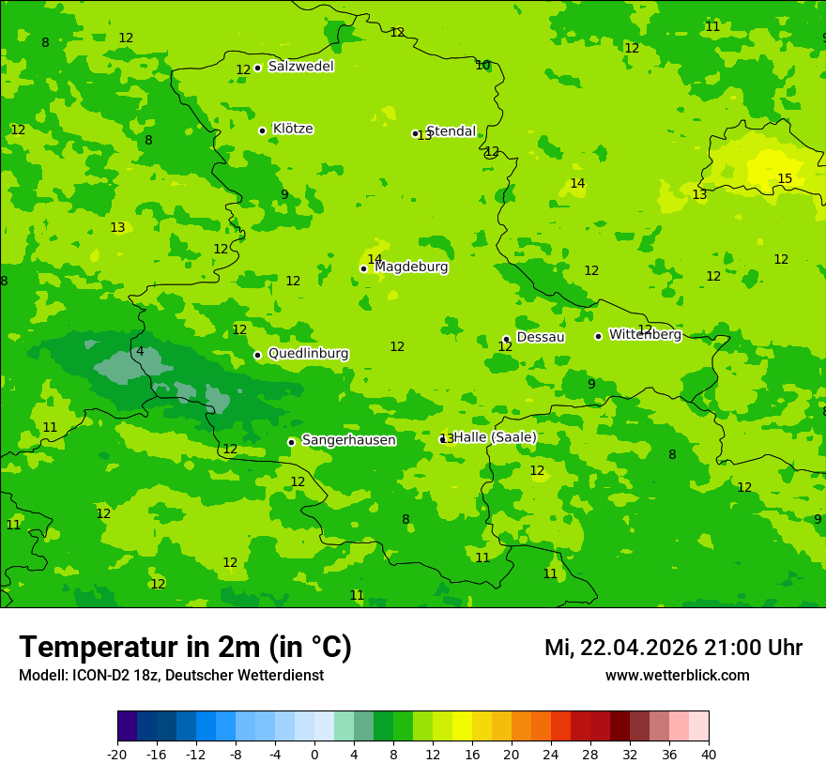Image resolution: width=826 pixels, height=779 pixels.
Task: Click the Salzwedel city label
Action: coord(300,67)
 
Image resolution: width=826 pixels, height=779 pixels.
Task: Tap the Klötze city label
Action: coord(293,129)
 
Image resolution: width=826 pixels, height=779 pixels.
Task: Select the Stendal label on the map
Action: coord(451,131)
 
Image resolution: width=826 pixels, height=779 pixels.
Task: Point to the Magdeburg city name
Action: coord(411,267)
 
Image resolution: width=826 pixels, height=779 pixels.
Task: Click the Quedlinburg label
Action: coord(308,354)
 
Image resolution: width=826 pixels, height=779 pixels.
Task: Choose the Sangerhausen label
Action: coord(348,440)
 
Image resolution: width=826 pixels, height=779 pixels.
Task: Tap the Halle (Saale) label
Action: coord(495,437)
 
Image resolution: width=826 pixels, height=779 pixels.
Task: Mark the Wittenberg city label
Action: coord(645,334)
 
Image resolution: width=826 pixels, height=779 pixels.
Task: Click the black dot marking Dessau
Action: coord(506,339)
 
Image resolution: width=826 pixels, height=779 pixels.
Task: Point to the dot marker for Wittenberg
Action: coord(598,336)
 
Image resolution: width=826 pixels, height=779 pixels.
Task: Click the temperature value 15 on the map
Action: coord(785,179)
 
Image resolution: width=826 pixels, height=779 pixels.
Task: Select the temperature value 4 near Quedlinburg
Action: coord(140,352)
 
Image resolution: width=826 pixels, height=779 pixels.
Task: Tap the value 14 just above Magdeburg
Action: coord(375,260)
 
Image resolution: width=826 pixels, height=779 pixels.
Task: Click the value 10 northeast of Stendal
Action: coord(482,66)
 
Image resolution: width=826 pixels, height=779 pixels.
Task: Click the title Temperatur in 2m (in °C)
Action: coord(185,647)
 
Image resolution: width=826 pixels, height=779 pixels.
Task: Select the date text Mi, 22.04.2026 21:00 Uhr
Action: coord(673,648)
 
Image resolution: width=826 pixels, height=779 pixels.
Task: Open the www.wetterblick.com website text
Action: coord(677,676)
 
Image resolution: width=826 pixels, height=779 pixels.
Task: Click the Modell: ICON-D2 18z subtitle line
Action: coord(171,676)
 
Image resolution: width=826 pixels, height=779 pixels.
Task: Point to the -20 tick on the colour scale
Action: coord(117,754)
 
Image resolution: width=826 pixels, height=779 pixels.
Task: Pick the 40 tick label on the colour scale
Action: coord(709,754)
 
